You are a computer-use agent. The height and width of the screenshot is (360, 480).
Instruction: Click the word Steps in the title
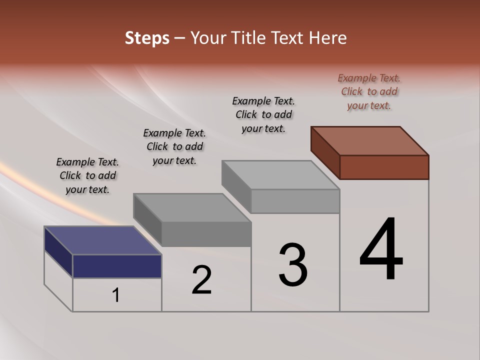point(147,38)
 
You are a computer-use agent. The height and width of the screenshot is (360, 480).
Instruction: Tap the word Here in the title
point(328,38)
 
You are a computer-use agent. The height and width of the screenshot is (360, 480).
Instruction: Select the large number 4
point(381,250)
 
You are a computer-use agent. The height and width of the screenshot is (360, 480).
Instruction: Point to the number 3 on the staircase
point(293,265)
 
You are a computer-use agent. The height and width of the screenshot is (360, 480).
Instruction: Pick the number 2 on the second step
point(202,280)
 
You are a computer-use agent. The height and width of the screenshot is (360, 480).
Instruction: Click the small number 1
point(116,295)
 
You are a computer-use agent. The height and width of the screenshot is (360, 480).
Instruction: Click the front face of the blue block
point(117,266)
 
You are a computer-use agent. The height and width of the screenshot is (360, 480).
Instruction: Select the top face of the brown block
point(370,140)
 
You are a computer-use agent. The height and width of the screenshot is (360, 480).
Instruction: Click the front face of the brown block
point(384,167)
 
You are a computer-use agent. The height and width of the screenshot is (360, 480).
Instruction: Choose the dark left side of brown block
point(325,152)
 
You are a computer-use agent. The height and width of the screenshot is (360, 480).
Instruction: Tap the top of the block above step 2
point(192,207)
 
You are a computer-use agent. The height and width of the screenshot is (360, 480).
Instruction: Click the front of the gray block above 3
point(295,201)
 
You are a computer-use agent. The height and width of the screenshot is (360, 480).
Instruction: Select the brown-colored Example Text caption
point(369,91)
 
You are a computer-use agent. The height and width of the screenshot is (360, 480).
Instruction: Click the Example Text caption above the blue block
point(87,175)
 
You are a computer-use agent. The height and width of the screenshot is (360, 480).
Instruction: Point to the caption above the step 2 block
point(174,146)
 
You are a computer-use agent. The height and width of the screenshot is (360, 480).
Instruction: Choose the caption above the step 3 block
point(263,114)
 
